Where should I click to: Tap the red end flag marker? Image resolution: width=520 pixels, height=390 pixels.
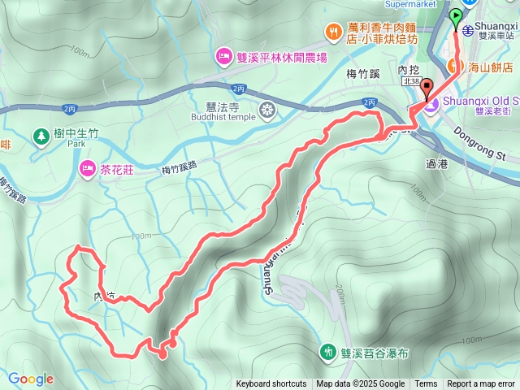(427, 88)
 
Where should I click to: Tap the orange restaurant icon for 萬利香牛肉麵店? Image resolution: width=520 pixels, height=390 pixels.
(333, 32)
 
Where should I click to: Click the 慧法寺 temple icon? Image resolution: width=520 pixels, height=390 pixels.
(266, 109)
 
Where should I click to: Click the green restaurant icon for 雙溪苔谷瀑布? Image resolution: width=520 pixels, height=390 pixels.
(328, 351)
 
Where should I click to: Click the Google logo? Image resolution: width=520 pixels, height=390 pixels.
(31, 379)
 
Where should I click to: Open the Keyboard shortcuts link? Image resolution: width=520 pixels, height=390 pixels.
(271, 384)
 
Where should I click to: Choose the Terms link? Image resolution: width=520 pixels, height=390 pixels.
(426, 384)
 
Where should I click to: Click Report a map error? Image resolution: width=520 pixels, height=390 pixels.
(482, 384)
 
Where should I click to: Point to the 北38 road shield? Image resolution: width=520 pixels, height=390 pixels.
(412, 80)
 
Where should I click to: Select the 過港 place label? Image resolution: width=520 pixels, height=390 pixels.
(436, 163)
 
